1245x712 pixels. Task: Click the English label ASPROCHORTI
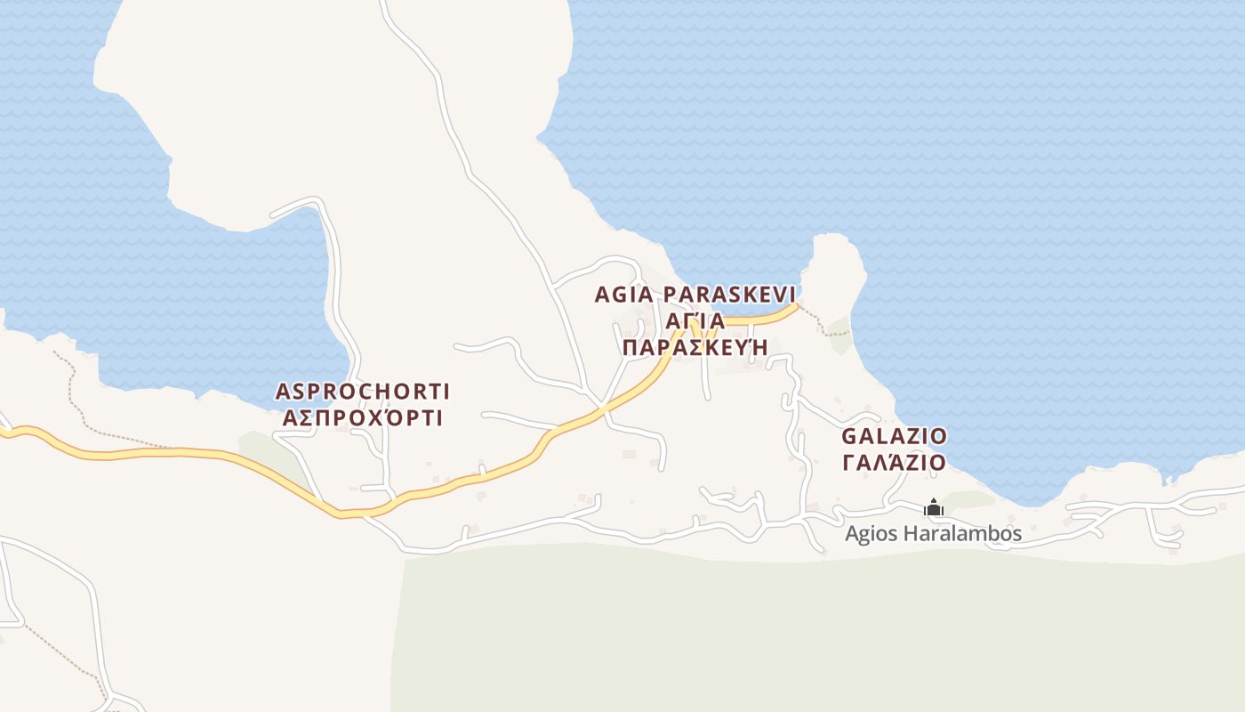[363, 392]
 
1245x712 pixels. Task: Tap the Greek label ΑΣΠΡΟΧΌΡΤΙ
[363, 417]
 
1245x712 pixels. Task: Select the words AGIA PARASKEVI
[695, 295]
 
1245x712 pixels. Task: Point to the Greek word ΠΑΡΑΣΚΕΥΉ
[695, 347]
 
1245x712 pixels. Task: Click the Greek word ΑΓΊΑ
[695, 321]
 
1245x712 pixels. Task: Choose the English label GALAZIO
[894, 437]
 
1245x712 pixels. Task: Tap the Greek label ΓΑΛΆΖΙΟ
[894, 463]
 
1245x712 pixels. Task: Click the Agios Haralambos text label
[933, 534]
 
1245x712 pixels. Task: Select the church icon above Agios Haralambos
[934, 508]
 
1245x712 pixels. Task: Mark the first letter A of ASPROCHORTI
[283, 392]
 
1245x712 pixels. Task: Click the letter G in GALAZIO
[849, 437]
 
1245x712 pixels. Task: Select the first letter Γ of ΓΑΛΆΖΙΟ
[848, 463]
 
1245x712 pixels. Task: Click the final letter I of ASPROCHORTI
[446, 392]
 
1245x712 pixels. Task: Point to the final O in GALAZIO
[938, 437]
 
